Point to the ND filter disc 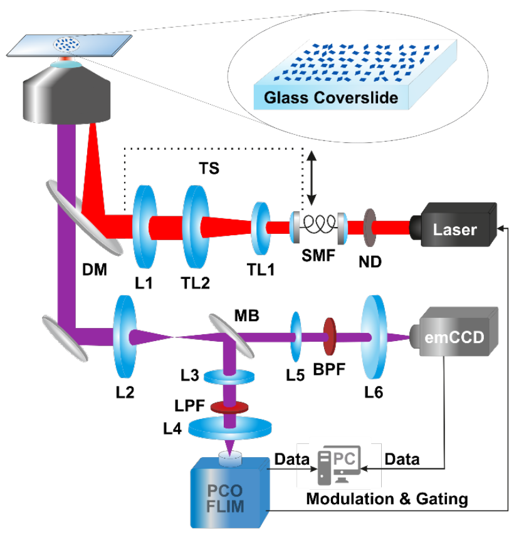[370, 226]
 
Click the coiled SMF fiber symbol [317, 226]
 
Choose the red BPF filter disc [328, 337]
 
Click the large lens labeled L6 [374, 338]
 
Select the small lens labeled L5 [295, 337]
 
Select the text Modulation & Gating [386, 499]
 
